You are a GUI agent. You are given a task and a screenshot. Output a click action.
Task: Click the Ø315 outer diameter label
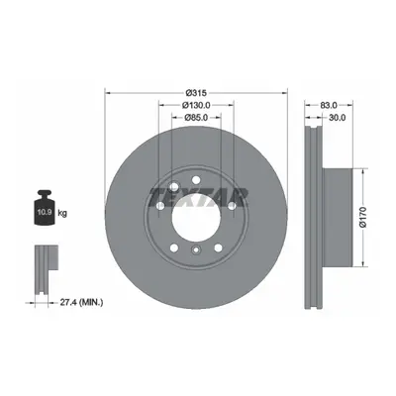pyautogui.click(x=196, y=93)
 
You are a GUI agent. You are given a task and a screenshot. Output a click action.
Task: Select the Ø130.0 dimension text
pyautogui.click(x=196, y=105)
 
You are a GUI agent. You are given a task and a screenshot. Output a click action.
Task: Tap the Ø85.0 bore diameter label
pyautogui.click(x=196, y=117)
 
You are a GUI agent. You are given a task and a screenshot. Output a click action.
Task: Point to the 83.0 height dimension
pyautogui.click(x=329, y=105)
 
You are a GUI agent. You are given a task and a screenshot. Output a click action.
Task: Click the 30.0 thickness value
pyautogui.click(x=337, y=117)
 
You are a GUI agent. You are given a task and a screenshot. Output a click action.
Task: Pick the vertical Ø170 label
pyautogui.click(x=363, y=217)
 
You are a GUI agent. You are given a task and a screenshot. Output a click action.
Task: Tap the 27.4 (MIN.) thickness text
pyautogui.click(x=81, y=302)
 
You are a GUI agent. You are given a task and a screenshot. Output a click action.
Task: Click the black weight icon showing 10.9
pyautogui.click(x=45, y=208)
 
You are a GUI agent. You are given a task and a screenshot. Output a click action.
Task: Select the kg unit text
pyautogui.click(x=62, y=213)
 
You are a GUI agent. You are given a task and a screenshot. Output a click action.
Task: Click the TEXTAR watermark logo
pyautogui.click(x=198, y=197)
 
